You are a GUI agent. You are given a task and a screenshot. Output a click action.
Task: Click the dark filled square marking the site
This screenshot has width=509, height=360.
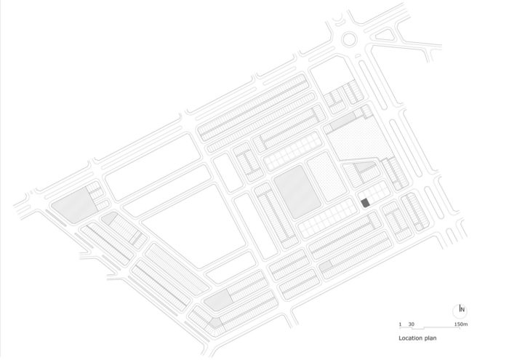(x=365, y=203)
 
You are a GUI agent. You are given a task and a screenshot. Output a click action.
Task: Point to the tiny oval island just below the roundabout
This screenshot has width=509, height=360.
(x=358, y=56)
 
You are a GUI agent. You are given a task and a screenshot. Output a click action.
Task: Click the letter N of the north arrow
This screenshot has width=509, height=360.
(x=462, y=310)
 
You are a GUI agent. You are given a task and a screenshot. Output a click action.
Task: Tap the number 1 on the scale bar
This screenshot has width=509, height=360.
(x=400, y=324)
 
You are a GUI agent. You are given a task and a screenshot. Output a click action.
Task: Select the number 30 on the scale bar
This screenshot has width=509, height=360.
(x=412, y=324)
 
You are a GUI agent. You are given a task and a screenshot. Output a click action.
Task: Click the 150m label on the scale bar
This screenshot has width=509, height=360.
(x=460, y=324)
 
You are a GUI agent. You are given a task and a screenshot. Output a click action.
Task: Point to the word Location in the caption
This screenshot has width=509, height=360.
(x=409, y=338)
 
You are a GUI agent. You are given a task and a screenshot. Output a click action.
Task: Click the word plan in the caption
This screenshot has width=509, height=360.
(x=430, y=339)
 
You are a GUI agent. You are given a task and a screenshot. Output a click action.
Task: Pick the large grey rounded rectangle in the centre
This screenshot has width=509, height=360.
(x=297, y=192)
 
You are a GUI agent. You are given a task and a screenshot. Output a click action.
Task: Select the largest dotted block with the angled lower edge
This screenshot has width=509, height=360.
(x=358, y=139)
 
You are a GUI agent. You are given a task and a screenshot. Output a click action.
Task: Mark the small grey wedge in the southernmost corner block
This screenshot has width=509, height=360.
(x=215, y=323)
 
